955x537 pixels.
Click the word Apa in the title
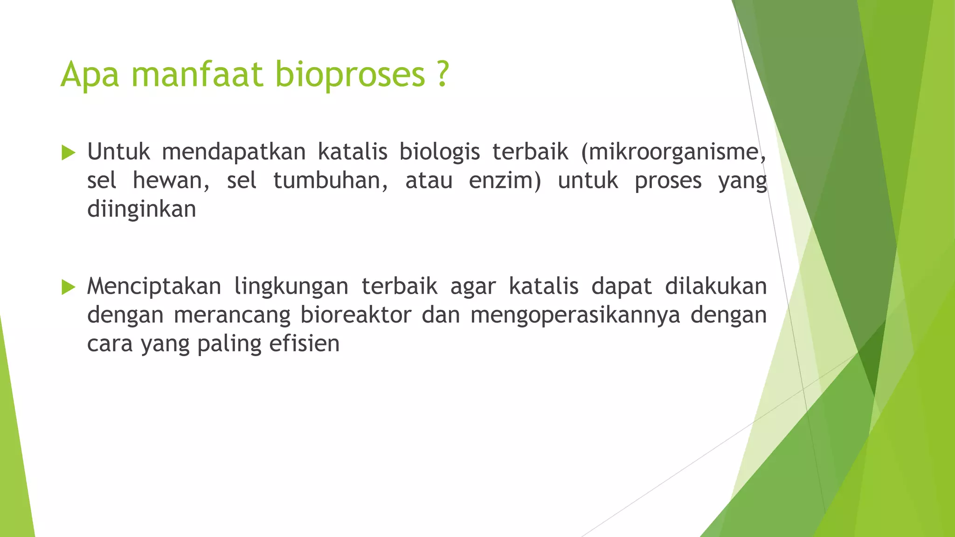point(90,75)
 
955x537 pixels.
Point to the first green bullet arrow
point(68,152)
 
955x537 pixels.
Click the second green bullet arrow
point(68,287)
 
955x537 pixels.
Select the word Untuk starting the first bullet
point(118,152)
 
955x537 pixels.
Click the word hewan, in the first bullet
point(171,181)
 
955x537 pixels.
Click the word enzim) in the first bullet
point(505,181)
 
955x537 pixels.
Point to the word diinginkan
point(141,210)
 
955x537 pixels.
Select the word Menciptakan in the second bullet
point(154,287)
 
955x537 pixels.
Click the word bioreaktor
point(356,315)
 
